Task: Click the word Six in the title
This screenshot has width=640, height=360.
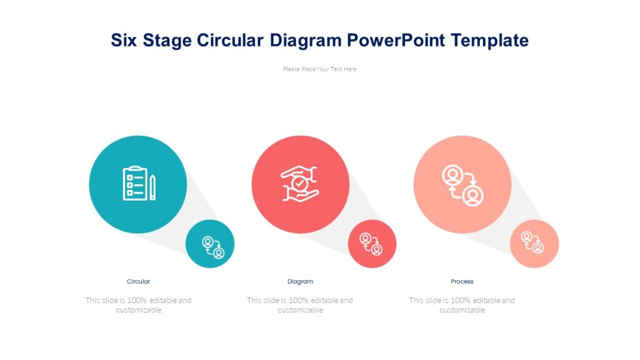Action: click(124, 41)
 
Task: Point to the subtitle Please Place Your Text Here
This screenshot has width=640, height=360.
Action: click(319, 69)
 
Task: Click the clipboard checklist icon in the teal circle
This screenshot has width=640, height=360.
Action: click(134, 184)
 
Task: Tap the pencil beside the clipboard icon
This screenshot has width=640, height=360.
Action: click(152, 187)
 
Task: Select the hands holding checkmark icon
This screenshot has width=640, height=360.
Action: click(300, 184)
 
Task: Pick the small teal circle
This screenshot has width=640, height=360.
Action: click(210, 244)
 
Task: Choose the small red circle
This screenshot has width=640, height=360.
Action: click(372, 244)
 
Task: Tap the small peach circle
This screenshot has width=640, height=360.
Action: click(534, 244)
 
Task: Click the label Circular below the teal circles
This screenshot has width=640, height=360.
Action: click(138, 281)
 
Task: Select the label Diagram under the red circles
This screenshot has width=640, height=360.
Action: click(300, 281)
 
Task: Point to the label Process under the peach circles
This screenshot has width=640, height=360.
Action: click(462, 281)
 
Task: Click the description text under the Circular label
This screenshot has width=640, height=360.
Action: click(138, 305)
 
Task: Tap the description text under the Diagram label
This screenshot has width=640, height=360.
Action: click(300, 305)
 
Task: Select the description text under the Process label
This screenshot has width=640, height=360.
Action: click(462, 305)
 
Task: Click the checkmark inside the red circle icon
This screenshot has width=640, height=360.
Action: click(301, 184)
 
